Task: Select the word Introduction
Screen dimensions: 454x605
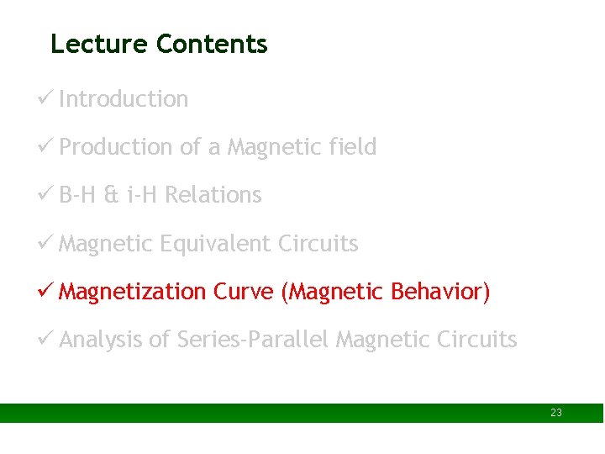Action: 124,99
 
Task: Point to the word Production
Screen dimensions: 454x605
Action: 116,147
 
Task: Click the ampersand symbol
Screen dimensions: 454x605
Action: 111,195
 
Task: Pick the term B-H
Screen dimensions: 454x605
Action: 78,195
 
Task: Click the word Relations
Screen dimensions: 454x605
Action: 213,195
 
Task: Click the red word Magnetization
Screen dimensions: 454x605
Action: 133,292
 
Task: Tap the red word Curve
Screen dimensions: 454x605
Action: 244,292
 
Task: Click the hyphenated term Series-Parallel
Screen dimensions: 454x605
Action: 254,340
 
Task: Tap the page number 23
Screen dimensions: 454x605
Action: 556,413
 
